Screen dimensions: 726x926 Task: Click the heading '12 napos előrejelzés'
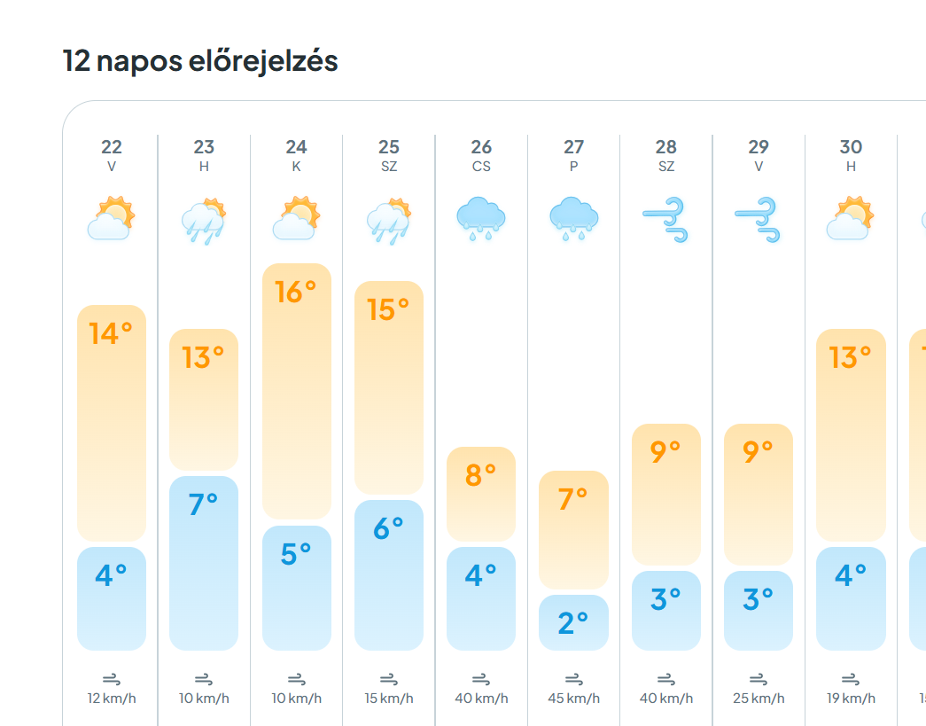(x=200, y=61)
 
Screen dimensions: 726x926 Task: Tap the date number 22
(x=112, y=147)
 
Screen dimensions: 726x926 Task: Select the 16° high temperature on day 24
(x=296, y=292)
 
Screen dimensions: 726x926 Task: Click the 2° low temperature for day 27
(x=573, y=623)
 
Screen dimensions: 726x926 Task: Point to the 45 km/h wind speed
(x=573, y=699)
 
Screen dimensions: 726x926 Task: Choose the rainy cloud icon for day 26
(x=480, y=219)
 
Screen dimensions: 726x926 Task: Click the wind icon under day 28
(x=665, y=220)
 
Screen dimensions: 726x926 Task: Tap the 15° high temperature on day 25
(x=388, y=309)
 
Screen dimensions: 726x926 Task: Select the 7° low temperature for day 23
(x=204, y=504)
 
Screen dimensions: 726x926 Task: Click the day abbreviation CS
(x=481, y=167)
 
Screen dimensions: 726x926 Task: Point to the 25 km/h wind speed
(x=759, y=699)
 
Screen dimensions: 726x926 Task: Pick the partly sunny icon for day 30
(x=851, y=219)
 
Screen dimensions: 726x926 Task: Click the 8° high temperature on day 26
(x=480, y=475)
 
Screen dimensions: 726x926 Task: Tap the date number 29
(x=759, y=147)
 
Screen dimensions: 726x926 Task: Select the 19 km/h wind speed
(x=851, y=699)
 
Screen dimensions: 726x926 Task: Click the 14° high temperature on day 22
(x=111, y=333)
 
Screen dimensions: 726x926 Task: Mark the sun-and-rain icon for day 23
(x=204, y=221)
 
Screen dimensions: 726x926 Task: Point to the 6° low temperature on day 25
(x=388, y=528)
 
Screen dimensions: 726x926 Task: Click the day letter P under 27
(x=573, y=167)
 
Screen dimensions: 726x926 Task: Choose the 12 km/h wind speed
(x=112, y=699)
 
